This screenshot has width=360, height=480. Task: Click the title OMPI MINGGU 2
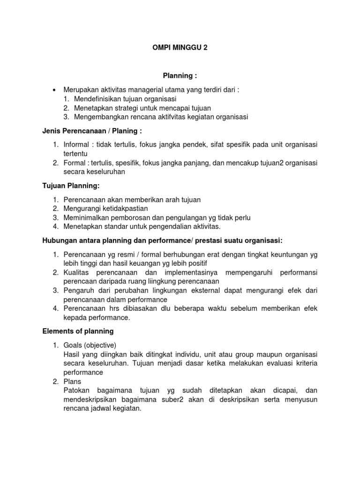tap(180, 47)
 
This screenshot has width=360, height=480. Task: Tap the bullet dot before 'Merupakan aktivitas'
tap(55, 90)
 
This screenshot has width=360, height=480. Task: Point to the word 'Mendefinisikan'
tap(96, 99)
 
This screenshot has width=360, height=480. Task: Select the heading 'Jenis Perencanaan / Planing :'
tap(92, 130)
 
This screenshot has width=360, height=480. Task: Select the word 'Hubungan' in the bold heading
tap(60, 240)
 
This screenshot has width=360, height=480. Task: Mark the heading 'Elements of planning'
tap(78, 331)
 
